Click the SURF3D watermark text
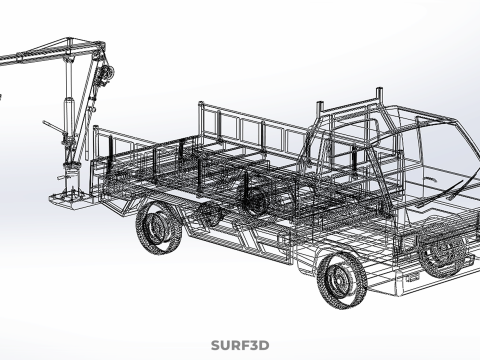pyautogui.click(x=240, y=345)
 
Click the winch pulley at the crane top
pyautogui.click(x=107, y=72)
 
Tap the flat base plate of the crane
pyautogui.click(x=72, y=199)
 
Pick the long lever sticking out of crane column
pyautogui.click(x=54, y=127)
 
